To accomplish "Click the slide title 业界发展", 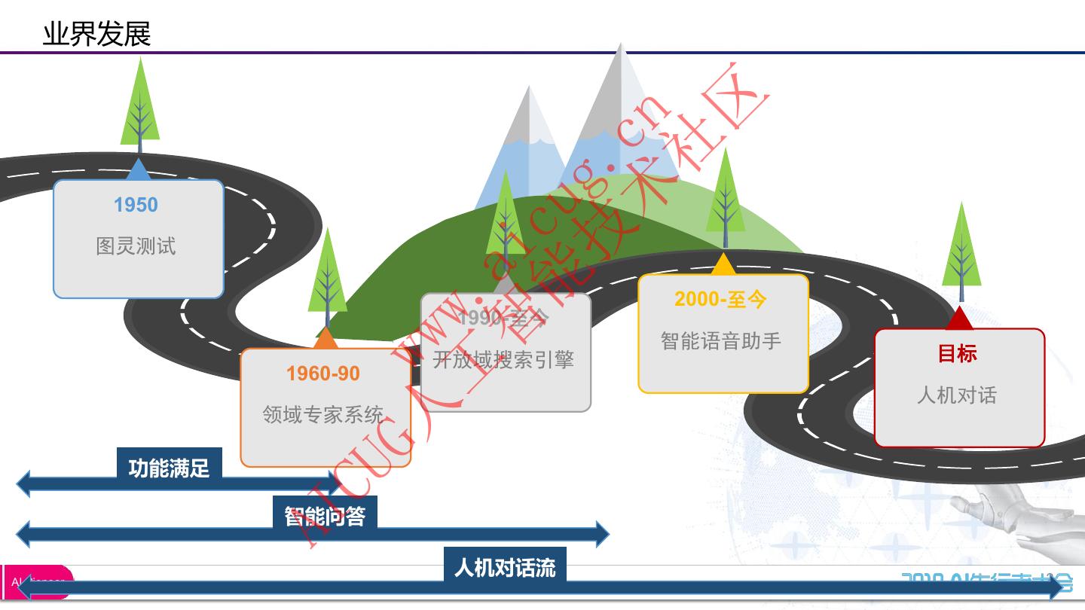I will click(x=96, y=34).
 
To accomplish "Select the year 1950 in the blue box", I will click(x=136, y=205).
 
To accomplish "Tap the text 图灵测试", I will click(x=136, y=246).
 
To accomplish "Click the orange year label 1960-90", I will click(x=322, y=374).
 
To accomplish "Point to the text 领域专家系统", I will click(x=322, y=415).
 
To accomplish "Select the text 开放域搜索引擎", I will click(x=503, y=360).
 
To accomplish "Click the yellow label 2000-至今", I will click(x=720, y=299).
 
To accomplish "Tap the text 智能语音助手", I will click(x=720, y=341).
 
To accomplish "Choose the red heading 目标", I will click(x=958, y=353).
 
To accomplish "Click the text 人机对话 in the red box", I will click(x=957, y=395).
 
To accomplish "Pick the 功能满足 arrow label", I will click(x=169, y=468).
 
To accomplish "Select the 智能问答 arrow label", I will click(x=325, y=516).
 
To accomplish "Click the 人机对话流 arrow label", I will click(x=504, y=566).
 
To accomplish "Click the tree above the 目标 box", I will click(x=961, y=252).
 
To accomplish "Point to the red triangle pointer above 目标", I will click(x=959, y=319).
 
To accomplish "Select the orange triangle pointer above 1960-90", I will click(x=325, y=340).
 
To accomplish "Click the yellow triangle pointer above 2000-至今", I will click(x=723, y=265).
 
